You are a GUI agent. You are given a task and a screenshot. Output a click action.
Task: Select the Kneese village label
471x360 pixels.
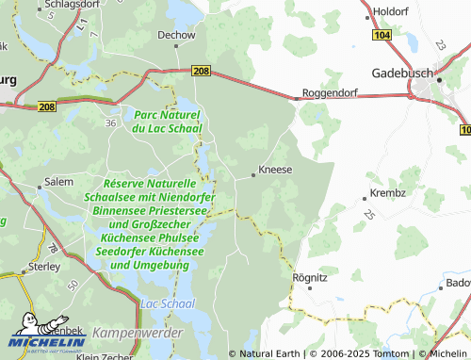(275, 171)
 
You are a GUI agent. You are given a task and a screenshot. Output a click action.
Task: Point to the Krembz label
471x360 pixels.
(388, 193)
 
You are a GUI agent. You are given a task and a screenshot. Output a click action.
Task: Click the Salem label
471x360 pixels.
(58, 181)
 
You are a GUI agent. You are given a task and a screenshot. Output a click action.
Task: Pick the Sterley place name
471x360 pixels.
(43, 267)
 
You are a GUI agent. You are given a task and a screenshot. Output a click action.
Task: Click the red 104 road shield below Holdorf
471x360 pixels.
(381, 35)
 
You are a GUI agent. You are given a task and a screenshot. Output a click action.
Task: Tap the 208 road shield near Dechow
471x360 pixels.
(201, 71)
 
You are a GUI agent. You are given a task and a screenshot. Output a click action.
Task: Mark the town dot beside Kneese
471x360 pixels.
(253, 173)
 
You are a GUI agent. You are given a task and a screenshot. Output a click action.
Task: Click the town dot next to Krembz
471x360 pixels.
(365, 198)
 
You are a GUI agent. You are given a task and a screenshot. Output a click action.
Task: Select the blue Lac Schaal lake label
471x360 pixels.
(166, 305)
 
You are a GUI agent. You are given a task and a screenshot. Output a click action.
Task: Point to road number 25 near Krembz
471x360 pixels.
(367, 215)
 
